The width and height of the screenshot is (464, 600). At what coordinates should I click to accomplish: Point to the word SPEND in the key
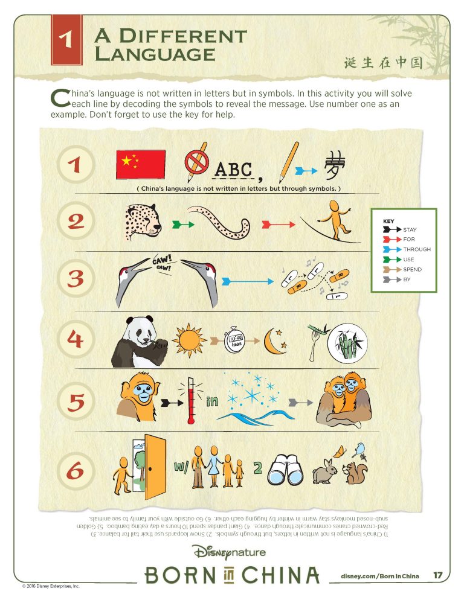point(413,269)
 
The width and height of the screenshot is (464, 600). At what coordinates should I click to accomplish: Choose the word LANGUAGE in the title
point(155,53)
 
